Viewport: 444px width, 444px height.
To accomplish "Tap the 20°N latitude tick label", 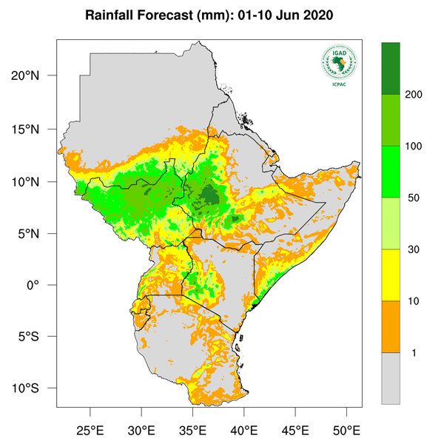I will pos(35,76).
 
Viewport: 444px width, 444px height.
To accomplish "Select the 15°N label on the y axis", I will pos(35,129).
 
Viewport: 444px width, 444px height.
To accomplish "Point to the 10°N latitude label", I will pos(35,181).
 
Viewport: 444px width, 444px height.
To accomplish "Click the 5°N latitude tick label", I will pos(37,233).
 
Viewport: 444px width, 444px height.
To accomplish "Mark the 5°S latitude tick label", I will pos(37,337).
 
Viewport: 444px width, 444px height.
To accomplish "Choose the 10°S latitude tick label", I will pos(35,388).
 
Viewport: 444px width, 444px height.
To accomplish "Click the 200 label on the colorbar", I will pos(414,95).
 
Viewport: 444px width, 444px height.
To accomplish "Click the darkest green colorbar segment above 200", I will pos(391,68).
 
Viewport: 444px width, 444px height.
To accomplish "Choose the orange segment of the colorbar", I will pos(391,326).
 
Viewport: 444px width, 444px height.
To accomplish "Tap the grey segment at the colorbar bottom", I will pos(391,377).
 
